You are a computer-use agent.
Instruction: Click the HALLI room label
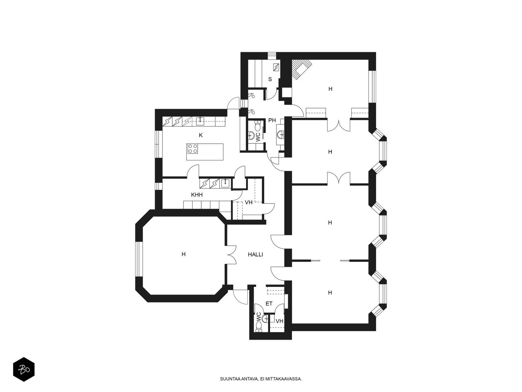click(255, 255)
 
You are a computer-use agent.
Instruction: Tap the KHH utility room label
click(197, 195)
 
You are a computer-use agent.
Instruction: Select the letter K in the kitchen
click(201, 136)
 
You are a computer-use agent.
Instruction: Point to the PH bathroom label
click(272, 121)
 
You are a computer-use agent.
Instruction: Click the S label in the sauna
click(270, 79)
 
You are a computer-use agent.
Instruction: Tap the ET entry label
click(269, 304)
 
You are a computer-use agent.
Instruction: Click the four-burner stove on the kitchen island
click(192, 149)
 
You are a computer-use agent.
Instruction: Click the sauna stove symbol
click(276, 67)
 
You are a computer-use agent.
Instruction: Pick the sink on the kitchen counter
click(200, 122)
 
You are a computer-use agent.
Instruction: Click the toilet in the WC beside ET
click(258, 327)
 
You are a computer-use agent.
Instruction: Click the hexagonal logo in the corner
click(24, 370)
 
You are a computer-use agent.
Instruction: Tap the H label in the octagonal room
click(183, 254)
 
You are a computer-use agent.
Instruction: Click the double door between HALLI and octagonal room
click(231, 255)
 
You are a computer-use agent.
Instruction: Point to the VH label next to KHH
click(249, 203)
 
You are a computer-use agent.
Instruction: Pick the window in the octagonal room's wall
click(139, 259)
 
